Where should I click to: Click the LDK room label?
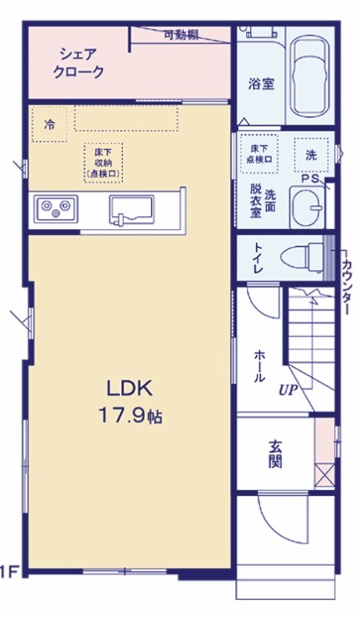[130, 389]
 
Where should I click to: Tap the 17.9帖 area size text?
[130, 415]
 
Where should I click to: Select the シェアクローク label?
[79, 63]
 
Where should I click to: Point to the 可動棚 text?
[181, 35]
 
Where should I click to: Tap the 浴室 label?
[261, 83]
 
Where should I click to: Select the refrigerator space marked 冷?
[49, 124]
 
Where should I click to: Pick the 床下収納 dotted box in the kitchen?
[103, 163]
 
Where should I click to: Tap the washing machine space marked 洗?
[311, 155]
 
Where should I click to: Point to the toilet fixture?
[302, 258]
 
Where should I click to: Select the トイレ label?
[257, 258]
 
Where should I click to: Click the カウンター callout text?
[346, 288]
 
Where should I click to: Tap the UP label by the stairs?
[288, 390]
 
